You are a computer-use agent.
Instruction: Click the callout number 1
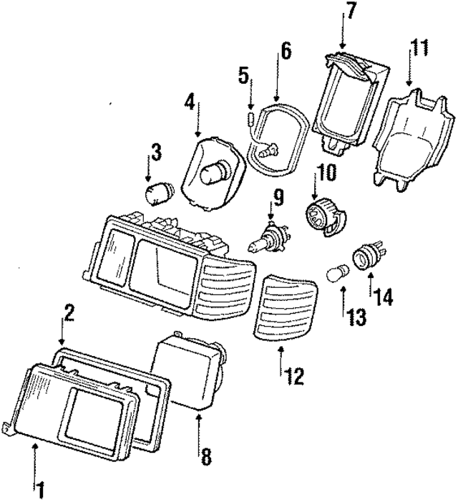click(x=42, y=491)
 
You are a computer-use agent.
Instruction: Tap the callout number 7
click(x=351, y=11)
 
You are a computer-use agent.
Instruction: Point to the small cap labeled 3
click(x=157, y=194)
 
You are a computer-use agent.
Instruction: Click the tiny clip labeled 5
click(x=251, y=117)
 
